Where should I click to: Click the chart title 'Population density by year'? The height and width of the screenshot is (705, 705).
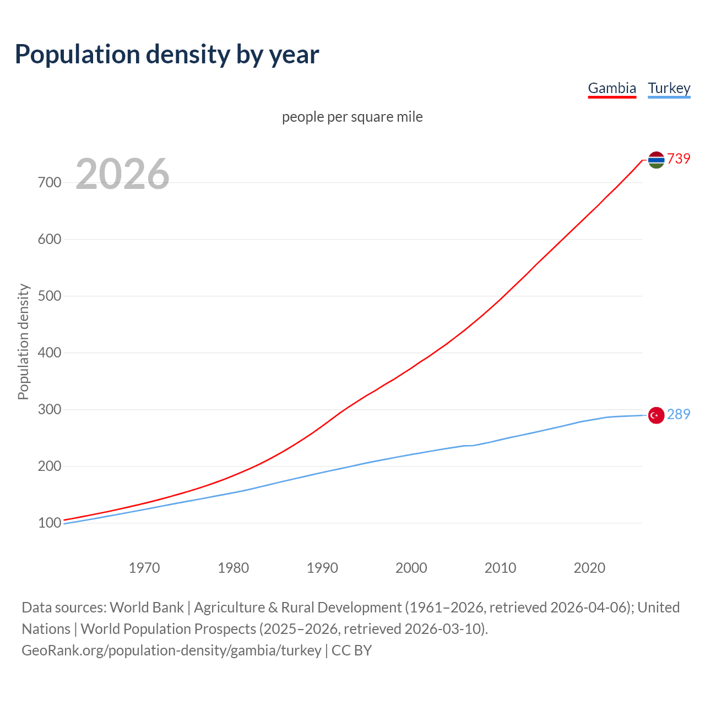coord(167,55)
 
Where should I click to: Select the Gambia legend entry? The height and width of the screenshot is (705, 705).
coord(612,88)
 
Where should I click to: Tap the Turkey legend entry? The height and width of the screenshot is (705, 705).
coord(669,88)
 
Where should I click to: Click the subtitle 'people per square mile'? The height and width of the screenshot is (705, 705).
coord(352,117)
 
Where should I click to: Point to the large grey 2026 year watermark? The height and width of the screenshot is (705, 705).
coord(122,174)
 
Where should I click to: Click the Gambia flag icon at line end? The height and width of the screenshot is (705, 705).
coord(656,160)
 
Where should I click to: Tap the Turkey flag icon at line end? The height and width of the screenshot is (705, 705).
coord(656,415)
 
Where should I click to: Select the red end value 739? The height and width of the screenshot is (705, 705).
coord(679,159)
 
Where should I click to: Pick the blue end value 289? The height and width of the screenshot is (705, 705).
coord(679,414)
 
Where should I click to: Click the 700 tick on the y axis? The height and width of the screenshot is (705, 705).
coord(50,182)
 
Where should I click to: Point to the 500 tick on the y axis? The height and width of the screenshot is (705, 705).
coord(50,296)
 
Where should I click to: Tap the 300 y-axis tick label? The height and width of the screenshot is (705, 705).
coord(50,409)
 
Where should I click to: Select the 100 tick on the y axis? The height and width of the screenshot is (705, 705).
coord(50,523)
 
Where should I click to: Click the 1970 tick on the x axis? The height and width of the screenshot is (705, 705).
coord(144,568)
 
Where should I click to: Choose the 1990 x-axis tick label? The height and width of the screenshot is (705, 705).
coord(322,568)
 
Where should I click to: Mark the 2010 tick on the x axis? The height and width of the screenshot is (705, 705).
coord(500,568)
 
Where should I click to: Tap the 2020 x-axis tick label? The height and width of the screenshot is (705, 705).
coord(589,568)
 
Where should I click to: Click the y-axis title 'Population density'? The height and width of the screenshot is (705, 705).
coord(23,341)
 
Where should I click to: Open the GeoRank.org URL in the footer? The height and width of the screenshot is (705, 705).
coord(171,650)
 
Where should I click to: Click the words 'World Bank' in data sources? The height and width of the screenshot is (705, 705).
coord(147,608)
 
